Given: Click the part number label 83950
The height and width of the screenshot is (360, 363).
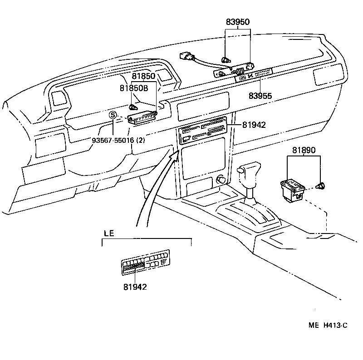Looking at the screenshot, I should pos(238,22).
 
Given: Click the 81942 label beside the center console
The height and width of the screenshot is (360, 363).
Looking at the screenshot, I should pos(254,125).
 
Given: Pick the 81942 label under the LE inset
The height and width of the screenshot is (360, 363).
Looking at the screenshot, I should pos(135,287).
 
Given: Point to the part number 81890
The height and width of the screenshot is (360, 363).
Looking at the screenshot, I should pos(304,150).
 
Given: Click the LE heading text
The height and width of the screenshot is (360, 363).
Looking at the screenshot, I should pos(108,234).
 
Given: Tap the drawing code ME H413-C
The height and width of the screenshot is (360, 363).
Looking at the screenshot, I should pos(328,325).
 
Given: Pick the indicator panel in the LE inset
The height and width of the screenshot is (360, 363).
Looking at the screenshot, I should pos(145,263).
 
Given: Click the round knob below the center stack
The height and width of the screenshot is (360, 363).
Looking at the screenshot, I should pos(221,180).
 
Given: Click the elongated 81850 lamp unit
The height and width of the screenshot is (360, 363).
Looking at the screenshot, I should pos(142,118).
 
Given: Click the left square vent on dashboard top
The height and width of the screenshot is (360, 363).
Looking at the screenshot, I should pos(59,98).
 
